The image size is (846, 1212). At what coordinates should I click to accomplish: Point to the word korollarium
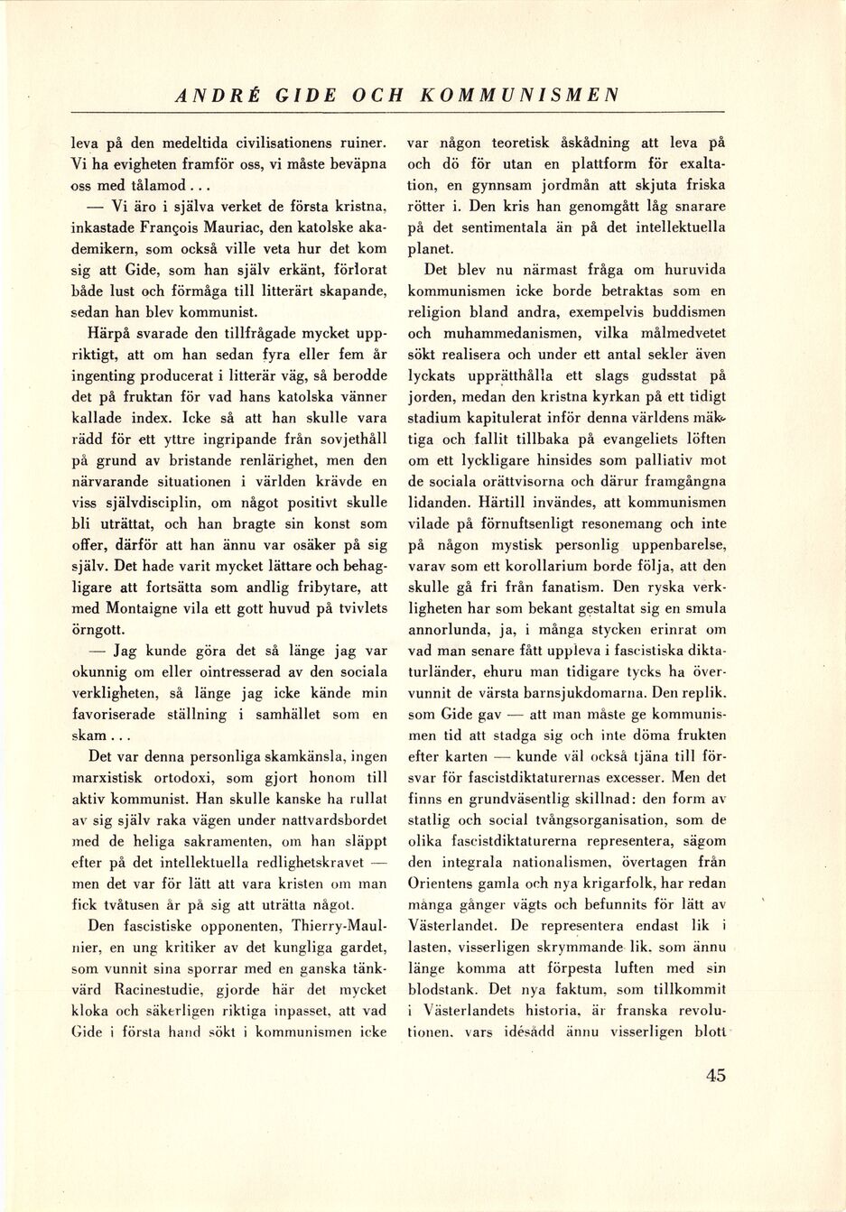coord(550,566)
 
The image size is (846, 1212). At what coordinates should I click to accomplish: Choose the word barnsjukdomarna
coord(619,693)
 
